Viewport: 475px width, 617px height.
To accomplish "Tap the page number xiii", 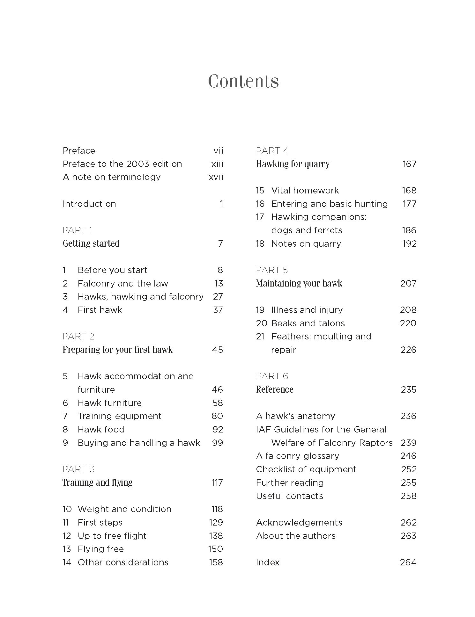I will click(217, 164).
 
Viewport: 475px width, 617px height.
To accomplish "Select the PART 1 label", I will click(78, 230).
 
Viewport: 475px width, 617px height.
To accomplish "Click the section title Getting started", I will click(91, 243).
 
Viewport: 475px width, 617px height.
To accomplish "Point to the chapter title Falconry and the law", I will click(123, 283).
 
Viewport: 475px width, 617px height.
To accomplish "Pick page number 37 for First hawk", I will click(218, 310).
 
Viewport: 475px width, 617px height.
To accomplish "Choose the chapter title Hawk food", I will click(101, 429).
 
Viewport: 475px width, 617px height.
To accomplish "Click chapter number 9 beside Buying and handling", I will click(65, 443).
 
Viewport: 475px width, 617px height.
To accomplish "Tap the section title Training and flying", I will click(97, 483).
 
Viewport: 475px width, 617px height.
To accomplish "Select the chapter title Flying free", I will click(100, 549).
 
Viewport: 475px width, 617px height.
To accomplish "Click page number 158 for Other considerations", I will click(216, 562).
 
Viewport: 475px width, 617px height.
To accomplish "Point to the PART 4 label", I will click(272, 150).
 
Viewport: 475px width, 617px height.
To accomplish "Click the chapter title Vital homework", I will click(305, 190).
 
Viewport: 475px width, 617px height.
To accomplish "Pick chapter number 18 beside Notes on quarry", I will click(260, 243).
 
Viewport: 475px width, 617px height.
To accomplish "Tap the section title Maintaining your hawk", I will click(299, 283).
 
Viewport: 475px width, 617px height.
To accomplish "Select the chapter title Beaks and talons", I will click(308, 323).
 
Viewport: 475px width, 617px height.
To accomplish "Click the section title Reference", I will click(275, 389).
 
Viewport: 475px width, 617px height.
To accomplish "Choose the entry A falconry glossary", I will click(297, 456).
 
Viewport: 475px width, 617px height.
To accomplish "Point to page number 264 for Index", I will click(408, 562).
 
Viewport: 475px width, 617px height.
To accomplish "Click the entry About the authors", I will click(296, 536).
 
